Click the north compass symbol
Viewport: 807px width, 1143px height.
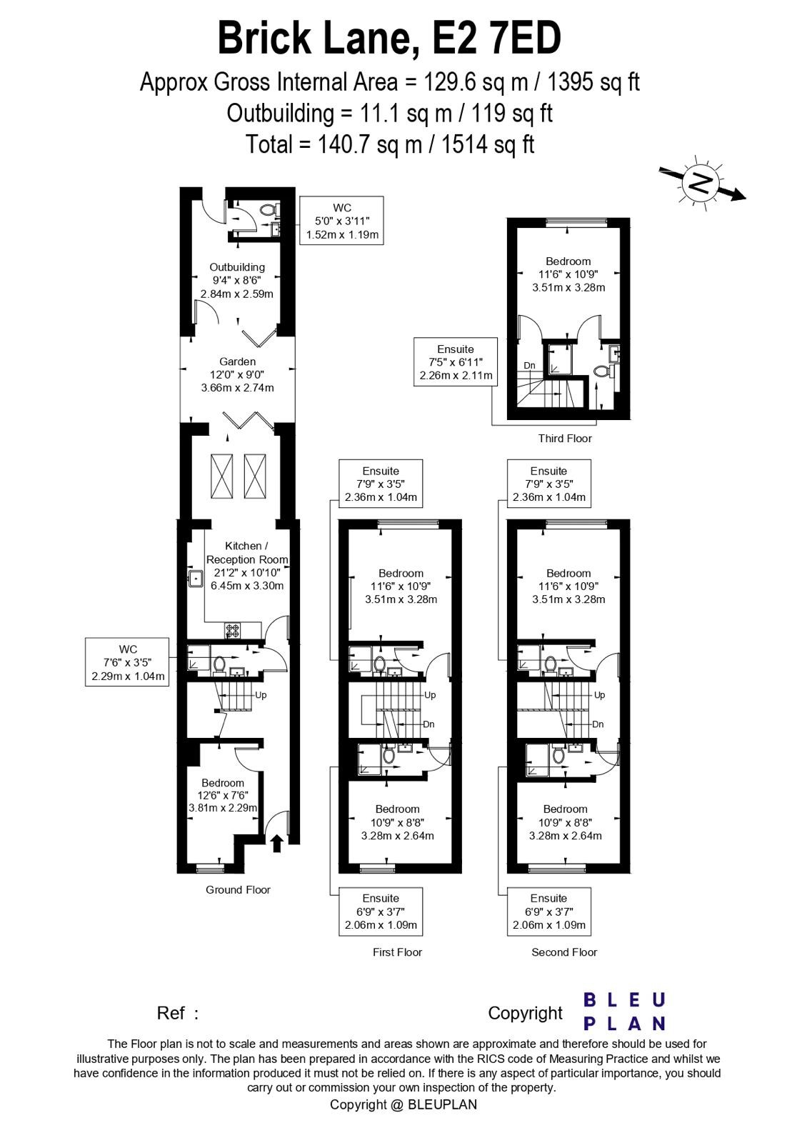pyautogui.click(x=700, y=184)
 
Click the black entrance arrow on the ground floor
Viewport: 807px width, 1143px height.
pyautogui.click(x=277, y=844)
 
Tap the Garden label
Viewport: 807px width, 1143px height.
pyautogui.click(x=237, y=361)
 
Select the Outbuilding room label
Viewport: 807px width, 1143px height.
pyautogui.click(x=237, y=267)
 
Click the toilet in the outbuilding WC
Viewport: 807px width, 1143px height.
pyautogui.click(x=269, y=211)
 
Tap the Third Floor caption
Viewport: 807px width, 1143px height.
pyautogui.click(x=565, y=439)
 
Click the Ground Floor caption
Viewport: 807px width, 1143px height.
pyautogui.click(x=238, y=889)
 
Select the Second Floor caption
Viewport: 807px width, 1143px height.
pyautogui.click(x=564, y=952)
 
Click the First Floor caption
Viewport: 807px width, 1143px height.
pyautogui.click(x=397, y=952)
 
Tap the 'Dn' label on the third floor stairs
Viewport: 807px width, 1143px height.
pyautogui.click(x=529, y=366)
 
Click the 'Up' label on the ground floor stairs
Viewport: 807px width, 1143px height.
pyautogui.click(x=261, y=694)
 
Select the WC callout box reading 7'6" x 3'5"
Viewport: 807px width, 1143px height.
pyautogui.click(x=128, y=662)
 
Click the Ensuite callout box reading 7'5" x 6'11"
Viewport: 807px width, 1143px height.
pyautogui.click(x=456, y=362)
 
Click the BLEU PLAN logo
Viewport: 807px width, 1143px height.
pyautogui.click(x=624, y=1011)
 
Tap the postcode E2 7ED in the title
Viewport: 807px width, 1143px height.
pyautogui.click(x=497, y=39)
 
